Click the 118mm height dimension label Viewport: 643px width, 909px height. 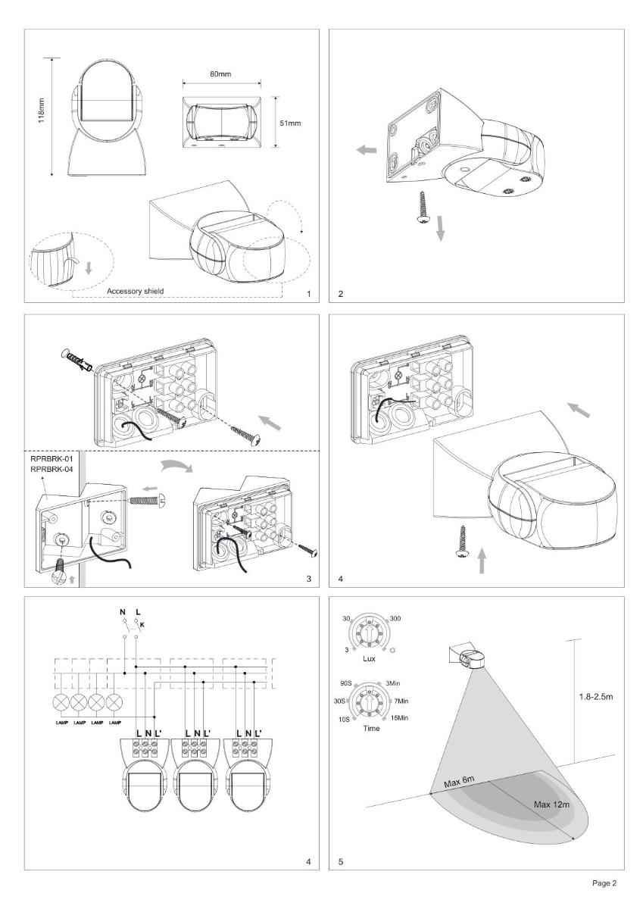42,111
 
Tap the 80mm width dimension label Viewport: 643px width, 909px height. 220,74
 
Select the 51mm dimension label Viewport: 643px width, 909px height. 291,123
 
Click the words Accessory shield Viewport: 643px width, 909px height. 135,291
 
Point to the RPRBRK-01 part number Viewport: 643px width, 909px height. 52,459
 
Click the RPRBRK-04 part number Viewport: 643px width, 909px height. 52,469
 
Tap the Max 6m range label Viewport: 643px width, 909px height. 459,781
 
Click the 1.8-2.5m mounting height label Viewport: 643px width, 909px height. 595,697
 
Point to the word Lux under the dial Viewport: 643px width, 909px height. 369,658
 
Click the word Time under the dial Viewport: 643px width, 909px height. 371,728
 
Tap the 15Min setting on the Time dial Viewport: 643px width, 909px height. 400,718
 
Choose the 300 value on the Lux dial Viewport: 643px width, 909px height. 395,618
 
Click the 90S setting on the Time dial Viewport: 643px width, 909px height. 345,683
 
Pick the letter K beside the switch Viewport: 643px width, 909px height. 142,625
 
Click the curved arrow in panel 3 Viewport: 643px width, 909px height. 177,467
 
